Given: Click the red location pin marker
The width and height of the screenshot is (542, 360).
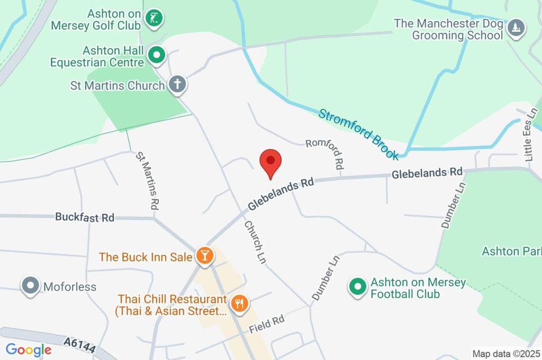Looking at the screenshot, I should coord(270,161).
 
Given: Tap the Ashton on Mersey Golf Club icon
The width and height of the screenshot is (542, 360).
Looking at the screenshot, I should coord(154,17).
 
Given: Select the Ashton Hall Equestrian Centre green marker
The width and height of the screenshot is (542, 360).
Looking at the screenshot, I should coord(157,54).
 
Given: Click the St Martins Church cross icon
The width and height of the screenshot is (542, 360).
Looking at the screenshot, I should coord(177,84).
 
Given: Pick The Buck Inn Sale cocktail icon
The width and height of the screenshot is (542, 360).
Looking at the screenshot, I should coord(203,256).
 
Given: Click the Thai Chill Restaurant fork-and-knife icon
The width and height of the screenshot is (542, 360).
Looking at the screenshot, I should coord(240,303).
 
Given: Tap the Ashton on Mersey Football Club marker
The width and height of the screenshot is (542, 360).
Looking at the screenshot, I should coord(357,287).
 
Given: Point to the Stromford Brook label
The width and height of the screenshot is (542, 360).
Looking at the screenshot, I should coord(358,134).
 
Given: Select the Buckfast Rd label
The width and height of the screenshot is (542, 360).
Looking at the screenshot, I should coord(85,217).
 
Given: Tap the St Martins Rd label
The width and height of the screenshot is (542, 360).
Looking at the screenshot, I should coord(148,180).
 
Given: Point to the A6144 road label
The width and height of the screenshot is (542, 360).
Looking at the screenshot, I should coord(79,347).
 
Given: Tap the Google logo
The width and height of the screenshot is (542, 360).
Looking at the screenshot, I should coord(28,349).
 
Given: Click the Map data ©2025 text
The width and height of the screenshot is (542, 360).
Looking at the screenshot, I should coord(505,354).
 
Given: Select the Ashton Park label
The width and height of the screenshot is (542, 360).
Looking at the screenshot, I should coord(511,251).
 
